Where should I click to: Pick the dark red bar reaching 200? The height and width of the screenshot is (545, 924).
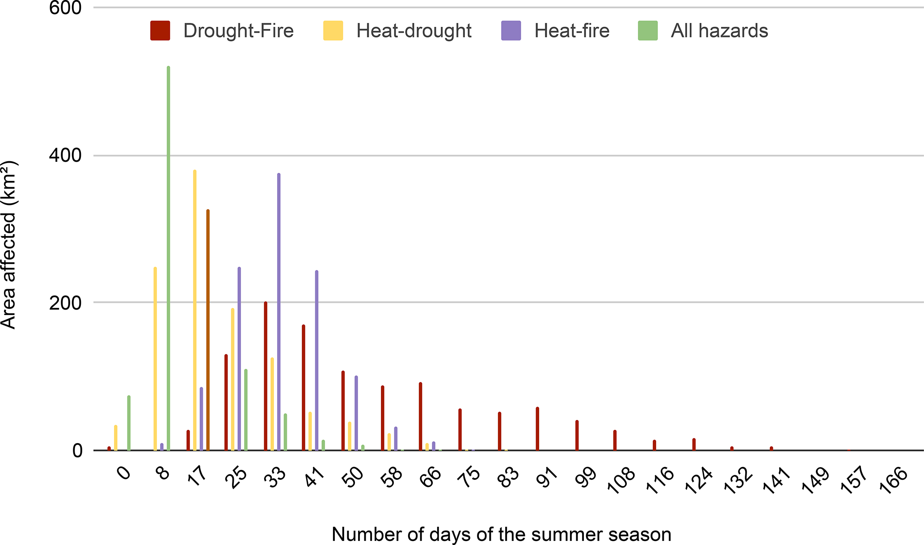tap(266, 376)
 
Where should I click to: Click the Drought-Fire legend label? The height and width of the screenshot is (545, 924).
tap(238, 31)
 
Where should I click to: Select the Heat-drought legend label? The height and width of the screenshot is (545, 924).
tap(413, 31)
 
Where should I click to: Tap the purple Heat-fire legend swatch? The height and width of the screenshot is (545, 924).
tap(511, 31)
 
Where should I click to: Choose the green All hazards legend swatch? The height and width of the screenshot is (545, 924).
tap(648, 31)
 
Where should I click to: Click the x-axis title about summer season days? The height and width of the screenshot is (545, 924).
tap(501, 534)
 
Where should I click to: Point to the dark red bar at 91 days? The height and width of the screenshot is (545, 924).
tap(537, 428)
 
